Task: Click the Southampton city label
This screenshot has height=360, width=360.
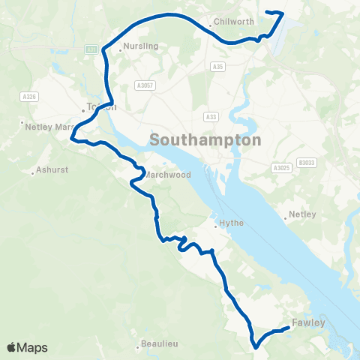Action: pos(205,140)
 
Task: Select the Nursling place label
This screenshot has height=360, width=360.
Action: pos(142,46)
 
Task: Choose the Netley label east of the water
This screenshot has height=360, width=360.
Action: pos(303,214)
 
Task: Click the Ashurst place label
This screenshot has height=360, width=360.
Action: pos(52,169)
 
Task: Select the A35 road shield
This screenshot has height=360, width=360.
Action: pos(217,88)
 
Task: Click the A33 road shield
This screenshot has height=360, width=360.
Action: pos(211,116)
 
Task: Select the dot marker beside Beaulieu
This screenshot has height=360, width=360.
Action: pos(139,347)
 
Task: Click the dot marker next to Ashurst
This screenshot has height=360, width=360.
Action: pos(33,173)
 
